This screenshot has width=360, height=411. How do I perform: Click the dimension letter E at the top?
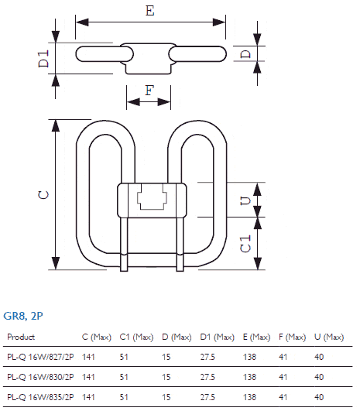[x=150, y=11]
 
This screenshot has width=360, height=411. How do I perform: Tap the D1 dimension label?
[x=43, y=59]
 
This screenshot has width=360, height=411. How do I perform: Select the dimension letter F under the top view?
[x=149, y=91]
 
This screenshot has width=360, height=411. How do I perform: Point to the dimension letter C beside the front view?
[x=43, y=195]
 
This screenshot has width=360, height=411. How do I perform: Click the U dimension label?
[x=245, y=200]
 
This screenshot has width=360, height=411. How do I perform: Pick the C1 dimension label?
[x=245, y=244]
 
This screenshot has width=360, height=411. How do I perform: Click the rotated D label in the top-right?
[x=245, y=54]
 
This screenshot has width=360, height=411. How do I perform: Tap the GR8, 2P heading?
[x=23, y=316]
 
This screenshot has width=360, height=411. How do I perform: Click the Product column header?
[x=21, y=337]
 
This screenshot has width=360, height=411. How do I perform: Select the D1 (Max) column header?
[x=217, y=337]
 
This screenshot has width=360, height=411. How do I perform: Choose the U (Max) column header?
[x=329, y=337]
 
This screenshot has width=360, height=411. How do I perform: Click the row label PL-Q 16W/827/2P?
[x=40, y=357]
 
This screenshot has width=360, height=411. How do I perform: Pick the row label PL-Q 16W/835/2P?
[x=40, y=397]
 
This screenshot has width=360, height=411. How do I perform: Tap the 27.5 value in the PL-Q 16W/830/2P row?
[x=207, y=377]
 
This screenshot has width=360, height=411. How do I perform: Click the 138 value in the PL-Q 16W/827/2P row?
[x=249, y=357]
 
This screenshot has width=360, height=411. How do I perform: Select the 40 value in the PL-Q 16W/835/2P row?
[x=319, y=397]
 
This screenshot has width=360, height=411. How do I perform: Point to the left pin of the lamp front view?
[x=124, y=244]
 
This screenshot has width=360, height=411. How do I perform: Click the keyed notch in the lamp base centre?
[x=152, y=197]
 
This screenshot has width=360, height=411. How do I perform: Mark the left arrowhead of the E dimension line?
[x=82, y=22]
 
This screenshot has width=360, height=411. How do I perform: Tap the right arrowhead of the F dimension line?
[x=164, y=101]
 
